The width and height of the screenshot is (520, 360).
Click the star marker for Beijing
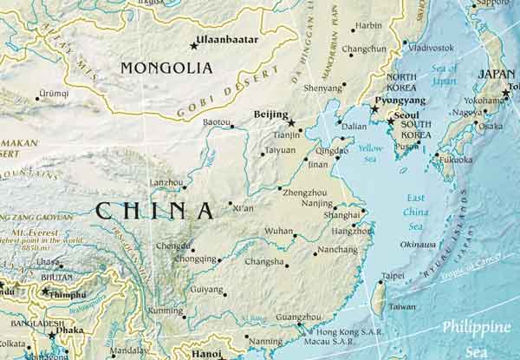pos(291,122)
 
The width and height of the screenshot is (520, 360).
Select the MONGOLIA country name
pos(166,68)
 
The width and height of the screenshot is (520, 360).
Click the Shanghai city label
pos(341,214)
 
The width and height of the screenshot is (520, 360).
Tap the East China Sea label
pos(416,202)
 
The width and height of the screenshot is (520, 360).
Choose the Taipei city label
pos(393,276)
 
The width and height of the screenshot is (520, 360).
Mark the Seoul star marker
pos(391,121)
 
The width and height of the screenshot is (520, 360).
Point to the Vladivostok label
pos(431,47)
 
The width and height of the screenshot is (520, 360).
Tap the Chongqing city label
pos(195,259)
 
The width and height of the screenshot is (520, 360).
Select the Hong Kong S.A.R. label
pos(348,332)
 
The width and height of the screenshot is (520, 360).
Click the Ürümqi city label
pos(53,92)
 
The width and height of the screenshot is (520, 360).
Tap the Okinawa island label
pos(418,245)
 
